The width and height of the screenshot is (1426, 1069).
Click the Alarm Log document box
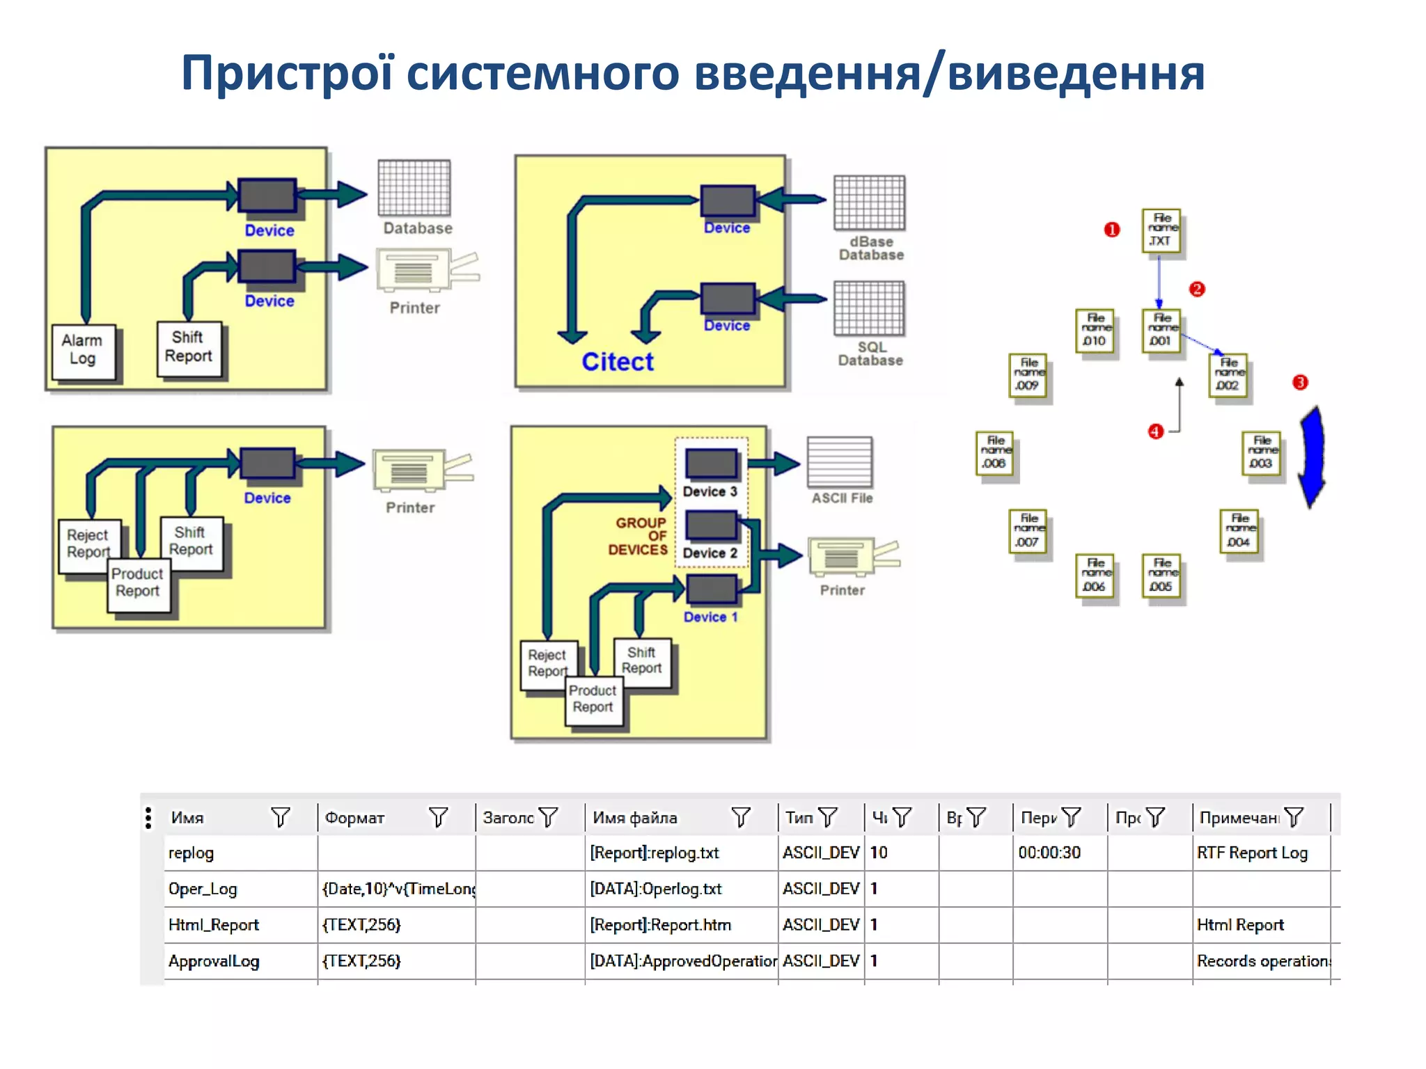coord(83,351)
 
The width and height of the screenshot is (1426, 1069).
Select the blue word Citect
coord(617,362)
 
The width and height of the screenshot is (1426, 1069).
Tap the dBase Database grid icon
coord(869,203)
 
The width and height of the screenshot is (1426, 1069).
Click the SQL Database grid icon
coord(869,308)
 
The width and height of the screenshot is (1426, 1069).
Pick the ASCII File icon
coord(839,462)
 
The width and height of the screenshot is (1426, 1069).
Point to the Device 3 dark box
coord(711,464)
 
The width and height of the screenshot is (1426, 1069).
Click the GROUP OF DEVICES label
coord(638,536)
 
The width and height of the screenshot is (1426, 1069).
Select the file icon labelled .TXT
coord(1161,230)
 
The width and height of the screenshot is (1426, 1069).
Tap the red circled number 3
coord(1299,382)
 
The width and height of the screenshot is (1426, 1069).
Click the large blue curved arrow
coord(1312,457)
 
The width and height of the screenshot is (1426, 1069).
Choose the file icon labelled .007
coord(1027,532)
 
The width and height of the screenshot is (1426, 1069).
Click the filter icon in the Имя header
coord(280,817)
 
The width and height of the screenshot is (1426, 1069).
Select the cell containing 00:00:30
coord(1049,853)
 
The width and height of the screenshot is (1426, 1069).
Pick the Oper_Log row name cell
coord(203,889)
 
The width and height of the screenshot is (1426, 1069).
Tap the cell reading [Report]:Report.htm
coord(660,925)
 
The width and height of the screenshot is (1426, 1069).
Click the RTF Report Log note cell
coord(1251,853)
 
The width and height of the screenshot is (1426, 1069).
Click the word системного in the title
coord(542,74)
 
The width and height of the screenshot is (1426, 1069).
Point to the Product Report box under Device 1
coord(593,699)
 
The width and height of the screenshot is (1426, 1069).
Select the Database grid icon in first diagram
coord(414,188)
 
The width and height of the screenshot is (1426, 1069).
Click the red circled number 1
coord(1111,230)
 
